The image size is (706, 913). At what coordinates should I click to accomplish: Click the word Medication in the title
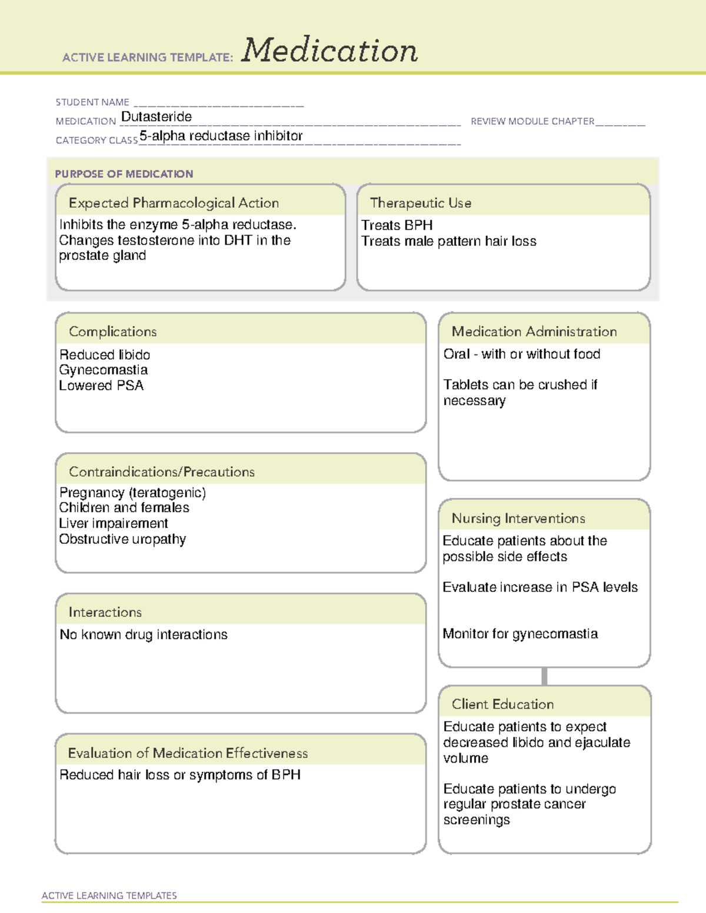pos(329,51)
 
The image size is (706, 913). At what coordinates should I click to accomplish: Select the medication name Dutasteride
pos(156,117)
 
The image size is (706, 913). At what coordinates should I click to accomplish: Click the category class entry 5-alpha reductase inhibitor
pos(221,136)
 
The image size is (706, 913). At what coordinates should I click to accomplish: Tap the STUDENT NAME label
pos(92,102)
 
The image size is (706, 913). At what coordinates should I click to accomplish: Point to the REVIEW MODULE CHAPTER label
pos(532,121)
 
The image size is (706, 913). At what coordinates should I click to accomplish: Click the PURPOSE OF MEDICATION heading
pos(124,174)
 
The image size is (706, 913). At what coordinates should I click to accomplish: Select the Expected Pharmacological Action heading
pos(174,203)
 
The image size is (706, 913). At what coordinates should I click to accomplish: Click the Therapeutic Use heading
pos(421,203)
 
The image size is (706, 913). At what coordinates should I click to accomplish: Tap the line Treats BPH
pos(397,225)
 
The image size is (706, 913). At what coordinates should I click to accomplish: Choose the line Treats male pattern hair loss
pos(449,241)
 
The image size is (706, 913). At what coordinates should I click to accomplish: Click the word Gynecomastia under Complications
pos(104,370)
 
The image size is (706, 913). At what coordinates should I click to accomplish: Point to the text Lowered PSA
pos(101,386)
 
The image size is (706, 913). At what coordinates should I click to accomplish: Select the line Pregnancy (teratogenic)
pos(133,492)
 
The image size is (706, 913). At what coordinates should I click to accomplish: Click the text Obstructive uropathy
pos(122,539)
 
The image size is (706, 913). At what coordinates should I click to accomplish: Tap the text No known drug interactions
pos(144,634)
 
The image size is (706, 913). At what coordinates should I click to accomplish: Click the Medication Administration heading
pos(534,332)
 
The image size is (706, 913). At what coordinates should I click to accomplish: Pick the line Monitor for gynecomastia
pos(520,634)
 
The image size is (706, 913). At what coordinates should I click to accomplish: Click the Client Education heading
pos(502,704)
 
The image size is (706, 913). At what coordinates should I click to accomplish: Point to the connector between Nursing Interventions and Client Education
pos(544,676)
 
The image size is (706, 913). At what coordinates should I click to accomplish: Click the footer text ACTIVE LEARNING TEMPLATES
pos(109,895)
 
